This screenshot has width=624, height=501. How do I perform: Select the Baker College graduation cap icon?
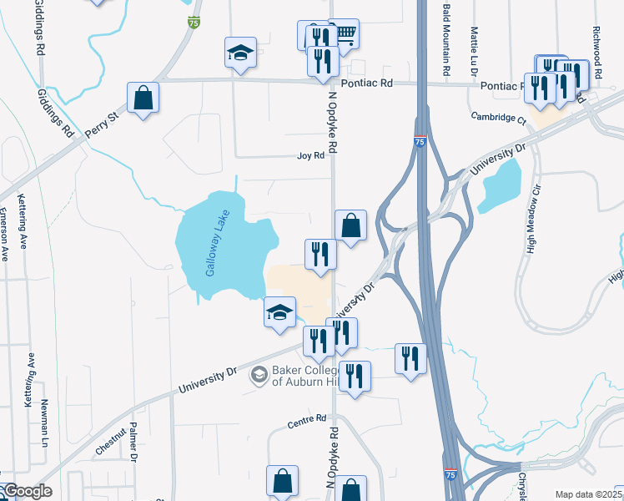259,375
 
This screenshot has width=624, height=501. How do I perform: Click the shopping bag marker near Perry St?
143,98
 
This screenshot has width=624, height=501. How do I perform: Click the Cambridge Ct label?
498,118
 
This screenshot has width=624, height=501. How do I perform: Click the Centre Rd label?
306,423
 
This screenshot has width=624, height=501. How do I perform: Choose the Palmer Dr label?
133,442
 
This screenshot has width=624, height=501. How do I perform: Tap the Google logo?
27,491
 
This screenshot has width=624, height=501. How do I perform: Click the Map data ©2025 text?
588,494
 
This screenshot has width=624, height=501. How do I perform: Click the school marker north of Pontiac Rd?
240,52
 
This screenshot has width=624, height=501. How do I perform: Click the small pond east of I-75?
501,185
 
